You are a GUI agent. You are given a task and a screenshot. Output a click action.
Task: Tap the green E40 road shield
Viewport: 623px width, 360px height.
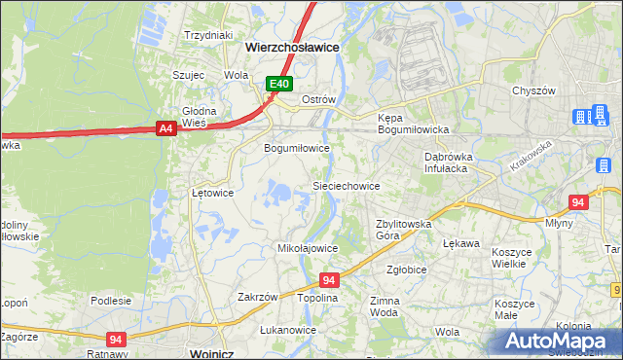[279, 85]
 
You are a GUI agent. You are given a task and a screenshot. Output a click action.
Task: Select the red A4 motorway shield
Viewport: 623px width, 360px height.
[165, 126]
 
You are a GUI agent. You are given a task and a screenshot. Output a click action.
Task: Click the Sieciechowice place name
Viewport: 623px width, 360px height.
[345, 185]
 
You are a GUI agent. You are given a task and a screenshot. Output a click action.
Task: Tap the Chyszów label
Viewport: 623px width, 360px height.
[533, 90]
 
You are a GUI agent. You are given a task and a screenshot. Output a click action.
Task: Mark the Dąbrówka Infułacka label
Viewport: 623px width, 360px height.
[447, 162]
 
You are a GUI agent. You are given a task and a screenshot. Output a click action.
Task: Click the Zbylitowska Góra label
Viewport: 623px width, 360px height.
[403, 230]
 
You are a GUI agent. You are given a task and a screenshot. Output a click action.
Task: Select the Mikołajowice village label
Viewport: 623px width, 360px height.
[308, 248]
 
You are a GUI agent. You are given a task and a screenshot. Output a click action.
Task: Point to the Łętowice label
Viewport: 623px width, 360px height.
[212, 193]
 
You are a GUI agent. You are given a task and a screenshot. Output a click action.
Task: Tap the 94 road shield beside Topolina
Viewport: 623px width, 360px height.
[329, 280]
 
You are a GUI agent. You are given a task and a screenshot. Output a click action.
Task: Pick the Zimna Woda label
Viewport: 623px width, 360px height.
[385, 307]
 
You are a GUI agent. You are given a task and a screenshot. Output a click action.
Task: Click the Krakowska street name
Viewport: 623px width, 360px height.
[529, 156]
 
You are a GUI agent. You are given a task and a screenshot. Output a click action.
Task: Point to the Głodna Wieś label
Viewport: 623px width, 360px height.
[199, 117]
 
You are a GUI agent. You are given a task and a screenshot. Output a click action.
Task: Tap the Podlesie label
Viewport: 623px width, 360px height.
[110, 301]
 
